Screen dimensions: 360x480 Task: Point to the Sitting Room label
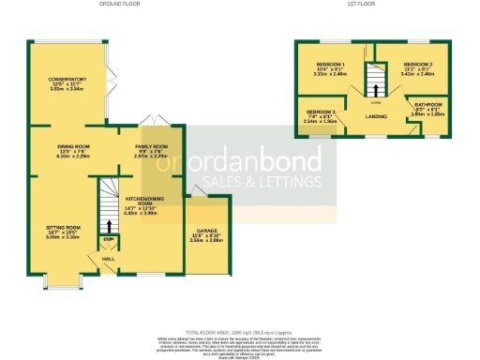[65, 228]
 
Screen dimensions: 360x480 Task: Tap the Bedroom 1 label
[330, 64]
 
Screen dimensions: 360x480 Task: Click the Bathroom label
[428, 104]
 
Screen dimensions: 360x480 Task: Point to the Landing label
[377, 116]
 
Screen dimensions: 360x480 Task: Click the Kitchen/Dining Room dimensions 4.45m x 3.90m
[143, 213]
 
